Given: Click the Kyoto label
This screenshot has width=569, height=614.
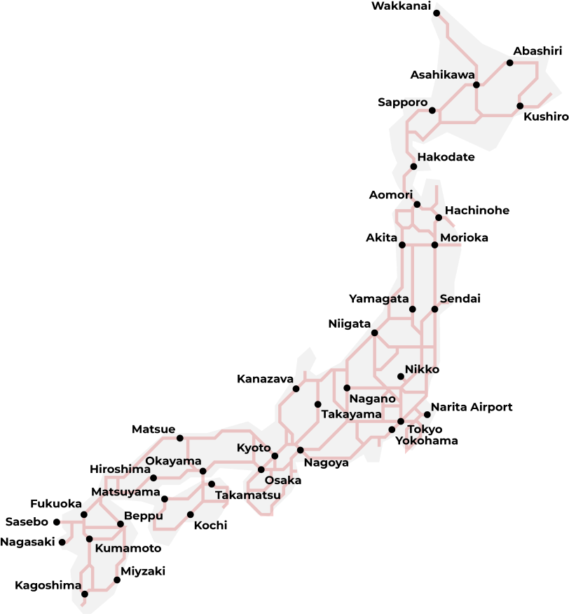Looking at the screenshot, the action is [x=253, y=448].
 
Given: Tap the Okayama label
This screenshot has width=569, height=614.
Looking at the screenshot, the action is [x=173, y=461].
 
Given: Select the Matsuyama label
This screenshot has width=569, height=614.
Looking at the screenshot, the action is [x=126, y=492].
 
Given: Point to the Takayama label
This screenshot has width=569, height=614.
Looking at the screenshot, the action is [x=351, y=415].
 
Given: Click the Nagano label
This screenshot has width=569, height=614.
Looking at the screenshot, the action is [x=372, y=399].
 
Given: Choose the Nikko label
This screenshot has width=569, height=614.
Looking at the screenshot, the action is [x=421, y=369].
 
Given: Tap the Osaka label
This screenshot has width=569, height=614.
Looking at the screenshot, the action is [x=282, y=481].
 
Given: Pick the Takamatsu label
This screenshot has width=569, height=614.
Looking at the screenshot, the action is [x=247, y=495].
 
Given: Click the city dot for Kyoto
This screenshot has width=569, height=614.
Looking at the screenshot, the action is [x=275, y=456].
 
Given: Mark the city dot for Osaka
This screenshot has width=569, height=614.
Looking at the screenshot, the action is [x=261, y=469].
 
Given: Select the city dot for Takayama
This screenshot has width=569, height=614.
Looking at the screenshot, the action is [x=317, y=404].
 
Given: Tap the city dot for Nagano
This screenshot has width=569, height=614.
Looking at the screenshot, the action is [x=347, y=388].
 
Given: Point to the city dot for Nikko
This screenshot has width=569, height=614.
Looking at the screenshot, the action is [x=401, y=377].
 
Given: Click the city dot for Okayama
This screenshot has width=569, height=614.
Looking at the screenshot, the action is [x=203, y=471].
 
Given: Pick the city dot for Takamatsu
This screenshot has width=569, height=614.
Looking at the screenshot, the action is [x=212, y=484].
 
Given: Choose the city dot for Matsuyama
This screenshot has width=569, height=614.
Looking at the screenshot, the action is [x=165, y=499].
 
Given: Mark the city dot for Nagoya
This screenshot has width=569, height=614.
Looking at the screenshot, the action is [x=300, y=451].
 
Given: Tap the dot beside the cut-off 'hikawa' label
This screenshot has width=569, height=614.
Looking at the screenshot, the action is [x=477, y=85].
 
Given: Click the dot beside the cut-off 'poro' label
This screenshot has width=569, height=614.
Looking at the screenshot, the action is [x=432, y=110].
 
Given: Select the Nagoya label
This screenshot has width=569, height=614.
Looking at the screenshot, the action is [x=327, y=463].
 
